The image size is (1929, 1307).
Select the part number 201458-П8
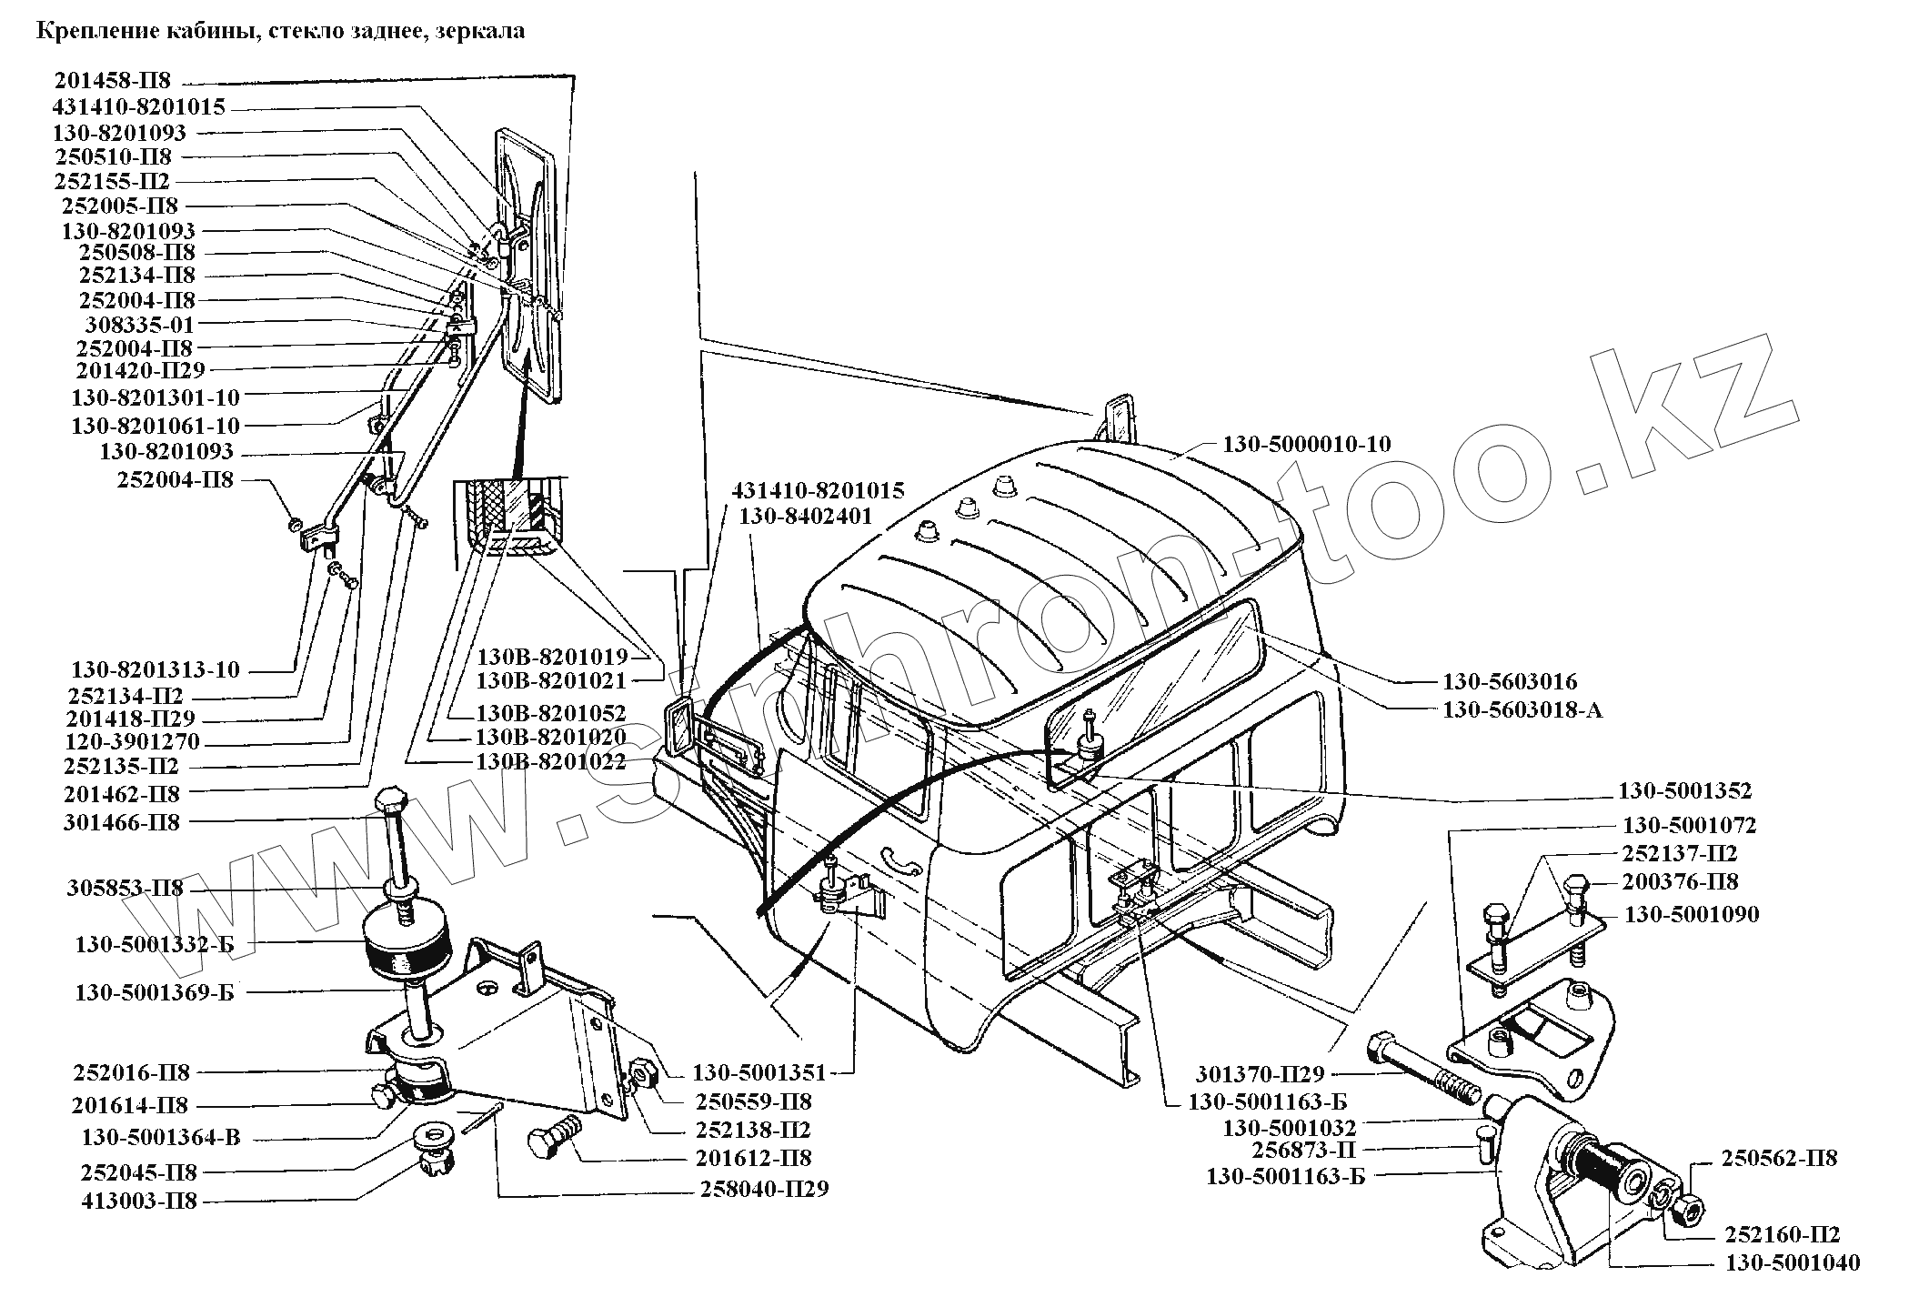click(x=111, y=81)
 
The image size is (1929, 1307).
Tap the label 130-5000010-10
click(x=1306, y=444)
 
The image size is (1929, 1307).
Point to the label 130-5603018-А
click(x=1522, y=709)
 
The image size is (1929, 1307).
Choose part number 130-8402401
click(x=806, y=517)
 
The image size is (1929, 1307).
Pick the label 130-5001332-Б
click(x=155, y=944)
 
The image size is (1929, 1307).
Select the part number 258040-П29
click(x=764, y=1189)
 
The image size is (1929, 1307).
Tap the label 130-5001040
click(x=1792, y=1262)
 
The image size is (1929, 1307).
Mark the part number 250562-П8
click(x=1779, y=1158)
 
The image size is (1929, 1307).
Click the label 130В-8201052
click(x=550, y=712)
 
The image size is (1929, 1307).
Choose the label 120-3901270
click(x=131, y=741)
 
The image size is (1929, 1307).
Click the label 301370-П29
click(x=1261, y=1073)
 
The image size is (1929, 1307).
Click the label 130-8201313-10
click(x=156, y=669)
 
